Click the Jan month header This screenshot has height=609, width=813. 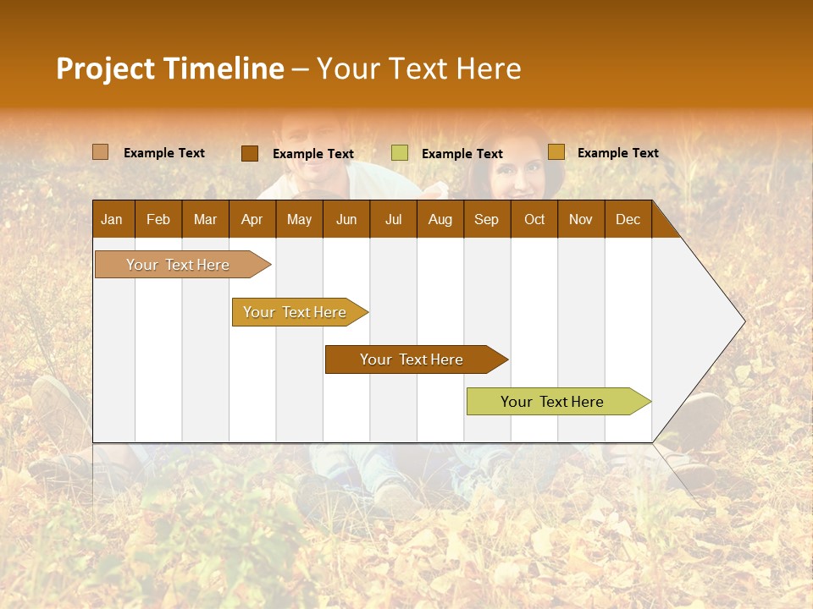[x=112, y=219]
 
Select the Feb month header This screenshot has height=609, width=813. [x=158, y=219]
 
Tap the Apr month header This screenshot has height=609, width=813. [x=252, y=219]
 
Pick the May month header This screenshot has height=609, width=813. [x=299, y=219]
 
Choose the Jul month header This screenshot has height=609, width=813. [x=393, y=219]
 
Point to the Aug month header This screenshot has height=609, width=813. [x=440, y=219]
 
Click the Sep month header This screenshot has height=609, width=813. [x=486, y=219]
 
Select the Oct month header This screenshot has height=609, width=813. [x=534, y=219]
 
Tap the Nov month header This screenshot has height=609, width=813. [x=581, y=219]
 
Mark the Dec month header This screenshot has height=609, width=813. [x=628, y=219]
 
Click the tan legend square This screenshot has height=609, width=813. [x=100, y=152]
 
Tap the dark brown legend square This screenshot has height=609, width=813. [x=250, y=153]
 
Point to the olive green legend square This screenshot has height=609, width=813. [x=400, y=153]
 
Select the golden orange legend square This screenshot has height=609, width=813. [x=556, y=152]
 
